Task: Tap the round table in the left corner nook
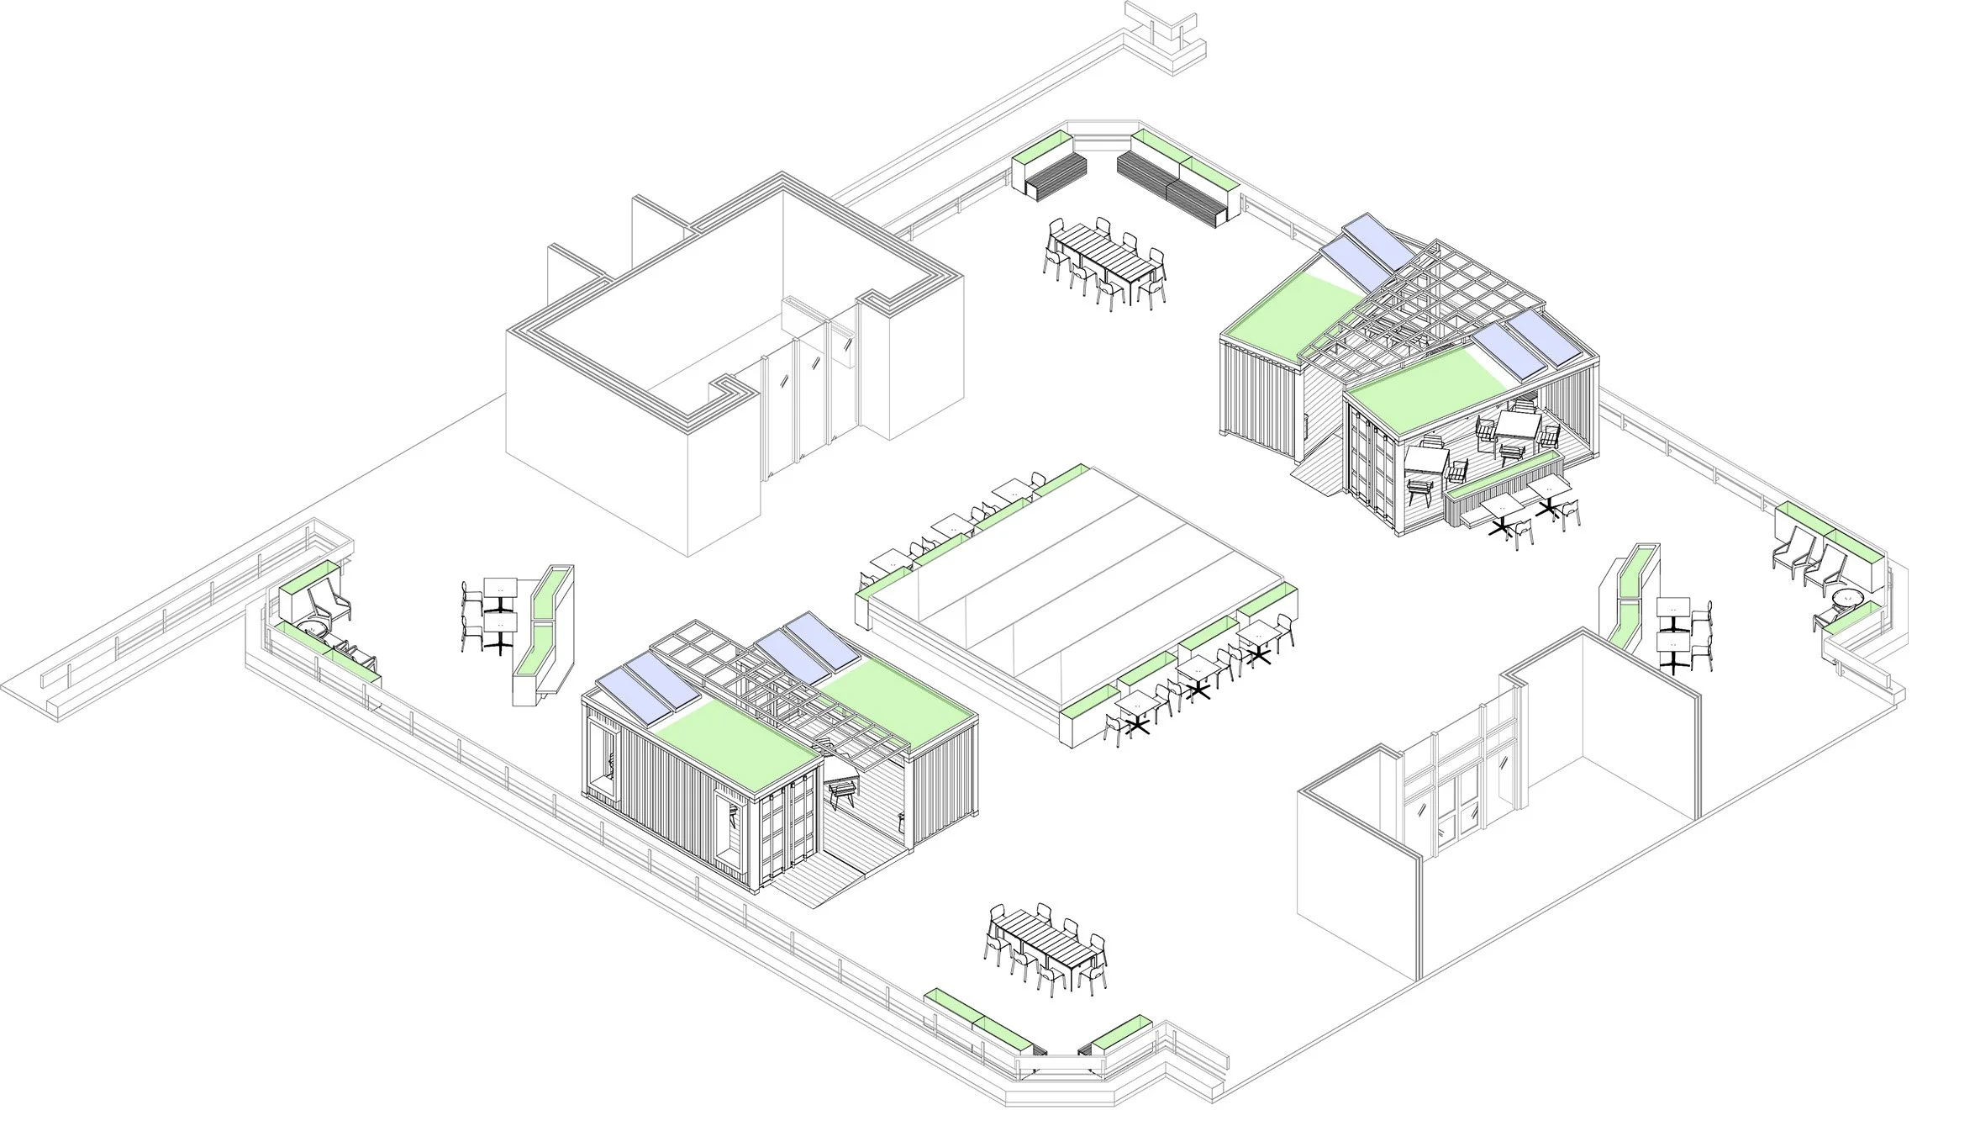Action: coord(312,629)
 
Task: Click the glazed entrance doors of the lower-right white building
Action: coord(1462,807)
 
